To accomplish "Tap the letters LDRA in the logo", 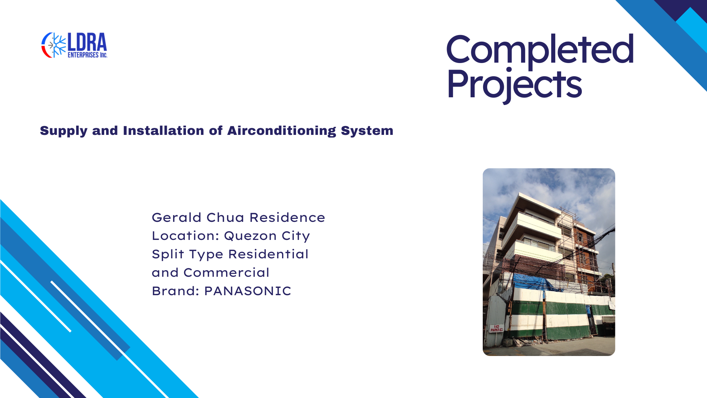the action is pos(87,42).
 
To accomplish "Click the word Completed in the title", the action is pos(540,49).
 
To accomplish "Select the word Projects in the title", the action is pos(514,85).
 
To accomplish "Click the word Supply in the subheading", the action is pos(64,131).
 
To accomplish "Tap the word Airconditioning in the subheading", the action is pos(282,131).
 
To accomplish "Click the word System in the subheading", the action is pos(367,131).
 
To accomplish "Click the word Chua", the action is pos(226,217).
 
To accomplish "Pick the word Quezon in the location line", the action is pos(250,236).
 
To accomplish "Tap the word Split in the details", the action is pos(168,255).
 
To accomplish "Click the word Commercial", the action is pos(226,273).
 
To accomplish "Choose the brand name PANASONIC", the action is pos(248,291).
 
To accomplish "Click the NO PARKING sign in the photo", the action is pos(497,328).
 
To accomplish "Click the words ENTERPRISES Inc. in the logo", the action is pos(87,55).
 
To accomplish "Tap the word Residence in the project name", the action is pos(287,217).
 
